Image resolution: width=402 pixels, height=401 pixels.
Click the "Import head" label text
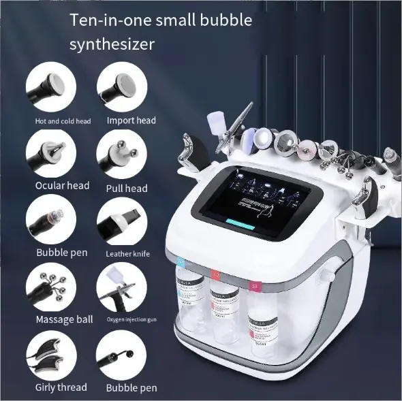tap(131, 121)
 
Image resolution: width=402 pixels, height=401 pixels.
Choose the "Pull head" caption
tap(127, 187)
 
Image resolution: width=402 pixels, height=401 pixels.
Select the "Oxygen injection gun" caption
tap(131, 319)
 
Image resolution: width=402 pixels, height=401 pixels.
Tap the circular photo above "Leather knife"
tap(119, 222)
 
